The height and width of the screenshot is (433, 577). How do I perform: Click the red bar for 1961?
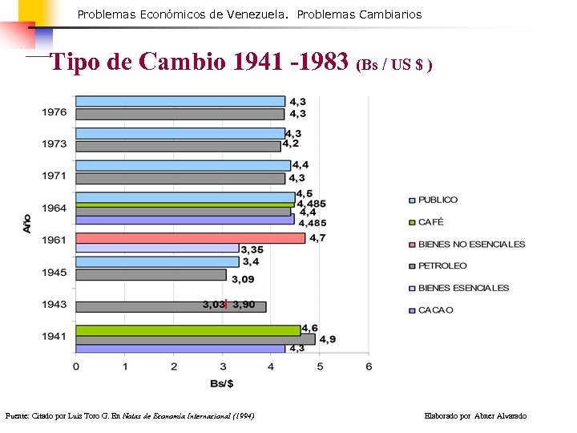(x=190, y=238)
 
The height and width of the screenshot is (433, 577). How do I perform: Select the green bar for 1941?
(x=188, y=330)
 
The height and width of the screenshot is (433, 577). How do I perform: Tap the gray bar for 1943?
(x=171, y=306)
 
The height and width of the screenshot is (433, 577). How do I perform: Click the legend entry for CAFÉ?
(x=430, y=222)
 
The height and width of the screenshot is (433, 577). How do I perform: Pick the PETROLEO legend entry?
(x=442, y=265)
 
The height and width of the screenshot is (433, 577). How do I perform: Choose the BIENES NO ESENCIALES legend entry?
(x=471, y=244)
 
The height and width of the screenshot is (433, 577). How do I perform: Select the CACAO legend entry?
(x=435, y=310)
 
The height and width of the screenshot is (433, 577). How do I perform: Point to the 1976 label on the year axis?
(x=54, y=112)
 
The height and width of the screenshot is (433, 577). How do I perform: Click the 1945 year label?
(x=54, y=273)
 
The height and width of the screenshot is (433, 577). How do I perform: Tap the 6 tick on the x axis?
(x=368, y=366)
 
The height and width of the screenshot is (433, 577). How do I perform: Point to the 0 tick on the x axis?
(x=76, y=366)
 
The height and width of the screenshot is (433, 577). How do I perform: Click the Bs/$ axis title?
(x=222, y=383)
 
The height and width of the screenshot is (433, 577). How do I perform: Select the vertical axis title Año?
(x=26, y=222)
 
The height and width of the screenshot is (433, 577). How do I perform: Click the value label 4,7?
(x=317, y=238)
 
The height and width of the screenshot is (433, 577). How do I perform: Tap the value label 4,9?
(x=327, y=339)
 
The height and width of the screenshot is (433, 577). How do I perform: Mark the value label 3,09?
(x=244, y=279)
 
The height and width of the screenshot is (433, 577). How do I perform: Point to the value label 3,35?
(x=253, y=249)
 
